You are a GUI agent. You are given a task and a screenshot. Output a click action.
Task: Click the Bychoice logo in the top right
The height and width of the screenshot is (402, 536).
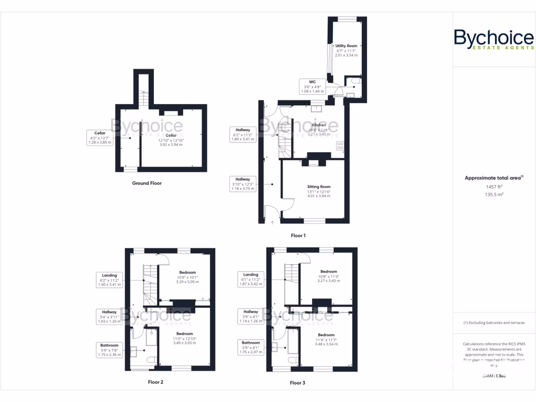pos(494,40)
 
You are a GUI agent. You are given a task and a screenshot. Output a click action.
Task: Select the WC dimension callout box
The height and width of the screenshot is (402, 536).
pos(312,86)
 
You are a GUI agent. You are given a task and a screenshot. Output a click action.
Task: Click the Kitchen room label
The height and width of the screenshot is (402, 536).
pos(319,126)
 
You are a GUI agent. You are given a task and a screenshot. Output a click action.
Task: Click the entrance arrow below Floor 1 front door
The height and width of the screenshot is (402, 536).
pos(272,222)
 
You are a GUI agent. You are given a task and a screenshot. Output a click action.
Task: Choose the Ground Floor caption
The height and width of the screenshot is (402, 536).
pos(147,183)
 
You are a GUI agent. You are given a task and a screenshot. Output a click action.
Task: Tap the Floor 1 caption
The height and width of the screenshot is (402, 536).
pos(297,236)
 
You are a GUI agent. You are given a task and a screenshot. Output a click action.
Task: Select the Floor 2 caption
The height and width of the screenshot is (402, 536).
pos(155,382)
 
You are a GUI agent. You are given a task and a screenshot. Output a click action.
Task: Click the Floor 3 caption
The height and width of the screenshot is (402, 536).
pos(297,383)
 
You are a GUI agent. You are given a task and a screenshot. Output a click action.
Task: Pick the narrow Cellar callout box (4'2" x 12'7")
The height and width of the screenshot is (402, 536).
pos(99,138)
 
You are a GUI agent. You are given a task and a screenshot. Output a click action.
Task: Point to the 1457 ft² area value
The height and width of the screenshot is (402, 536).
pos(494,186)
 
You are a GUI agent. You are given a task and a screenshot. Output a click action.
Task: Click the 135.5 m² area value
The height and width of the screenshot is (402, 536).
pos(494,194)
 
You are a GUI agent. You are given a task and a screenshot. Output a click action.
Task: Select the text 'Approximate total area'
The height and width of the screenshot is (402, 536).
pos(493,178)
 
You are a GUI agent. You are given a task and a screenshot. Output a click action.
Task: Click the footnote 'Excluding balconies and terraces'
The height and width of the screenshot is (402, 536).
pos(494,322)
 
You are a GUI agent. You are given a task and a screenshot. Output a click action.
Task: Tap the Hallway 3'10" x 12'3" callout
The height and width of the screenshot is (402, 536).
pos(242,184)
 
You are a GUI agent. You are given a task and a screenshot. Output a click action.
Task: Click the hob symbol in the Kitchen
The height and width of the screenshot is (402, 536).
pos(340,146)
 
